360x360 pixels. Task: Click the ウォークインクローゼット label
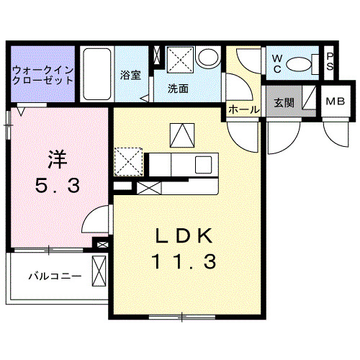click(x=42, y=75)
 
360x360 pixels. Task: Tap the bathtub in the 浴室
click(x=96, y=75)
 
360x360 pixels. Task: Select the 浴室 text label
click(x=130, y=75)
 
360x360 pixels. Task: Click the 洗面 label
click(x=178, y=89)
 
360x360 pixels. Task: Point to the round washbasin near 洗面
click(x=210, y=58)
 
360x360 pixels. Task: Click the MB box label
click(x=334, y=102)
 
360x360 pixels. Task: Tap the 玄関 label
click(x=284, y=102)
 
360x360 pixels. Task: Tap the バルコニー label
click(x=55, y=276)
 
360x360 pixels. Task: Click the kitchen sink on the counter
click(x=203, y=165)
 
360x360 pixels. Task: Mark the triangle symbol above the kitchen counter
click(x=180, y=135)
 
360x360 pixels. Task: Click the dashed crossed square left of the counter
click(x=129, y=160)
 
